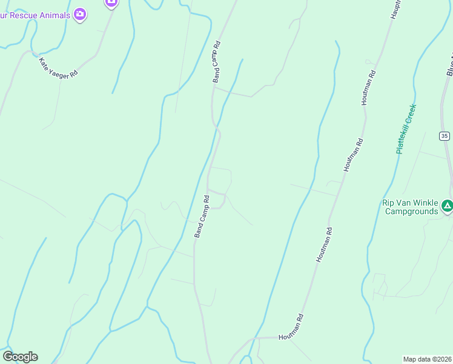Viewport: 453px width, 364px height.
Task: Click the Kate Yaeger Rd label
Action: click(58, 67)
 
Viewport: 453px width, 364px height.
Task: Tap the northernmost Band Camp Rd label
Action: click(216, 62)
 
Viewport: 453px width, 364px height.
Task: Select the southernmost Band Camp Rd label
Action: click(202, 216)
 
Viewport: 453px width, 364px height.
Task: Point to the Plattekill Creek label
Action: click(406, 129)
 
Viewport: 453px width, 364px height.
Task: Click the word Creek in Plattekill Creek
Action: click(411, 116)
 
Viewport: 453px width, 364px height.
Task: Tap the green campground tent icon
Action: click(447, 206)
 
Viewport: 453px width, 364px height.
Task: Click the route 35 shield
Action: click(445, 136)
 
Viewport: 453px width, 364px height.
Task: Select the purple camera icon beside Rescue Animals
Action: click(80, 13)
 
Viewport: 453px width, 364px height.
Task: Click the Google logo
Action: click(20, 357)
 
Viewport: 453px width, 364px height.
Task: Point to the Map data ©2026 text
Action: click(427, 359)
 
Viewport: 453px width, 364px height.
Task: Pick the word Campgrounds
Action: click(411, 211)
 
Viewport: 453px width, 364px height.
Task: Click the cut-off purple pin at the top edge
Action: click(110, 3)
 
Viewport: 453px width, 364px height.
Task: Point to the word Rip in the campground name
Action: click(388, 203)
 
